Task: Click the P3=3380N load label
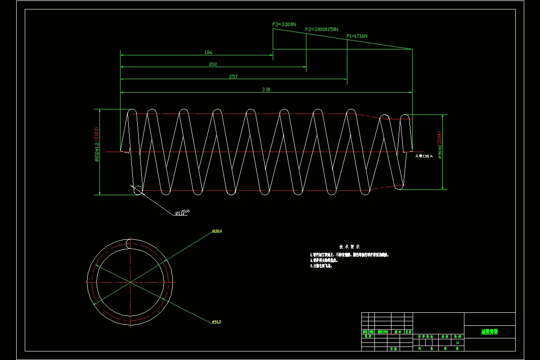(284, 24)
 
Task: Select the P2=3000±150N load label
(322, 29)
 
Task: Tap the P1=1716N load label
(357, 36)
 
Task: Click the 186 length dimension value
(208, 52)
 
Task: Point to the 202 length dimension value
(213, 64)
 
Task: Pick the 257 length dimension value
(233, 76)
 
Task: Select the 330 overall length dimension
(266, 90)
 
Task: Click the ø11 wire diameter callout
(181, 213)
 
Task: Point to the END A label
(424, 156)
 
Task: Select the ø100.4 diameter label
(217, 231)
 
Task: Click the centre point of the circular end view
(130, 282)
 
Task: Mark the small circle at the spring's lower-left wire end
(138, 190)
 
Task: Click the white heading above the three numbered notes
(350, 247)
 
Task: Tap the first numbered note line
(349, 255)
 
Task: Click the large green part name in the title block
(490, 332)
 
